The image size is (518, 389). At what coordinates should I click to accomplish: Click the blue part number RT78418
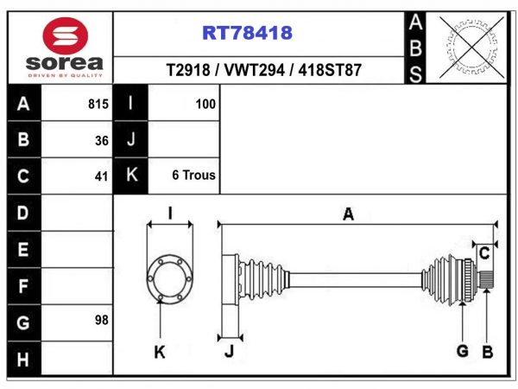[247, 33]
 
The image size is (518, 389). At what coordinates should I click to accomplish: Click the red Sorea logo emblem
[65, 35]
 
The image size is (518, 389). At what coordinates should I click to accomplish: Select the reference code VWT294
[254, 70]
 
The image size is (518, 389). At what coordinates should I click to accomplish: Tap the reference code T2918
[188, 70]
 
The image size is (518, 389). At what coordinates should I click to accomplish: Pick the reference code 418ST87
[330, 70]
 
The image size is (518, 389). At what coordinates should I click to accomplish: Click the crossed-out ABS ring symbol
[471, 48]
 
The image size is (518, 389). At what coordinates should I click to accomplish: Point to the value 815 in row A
[98, 105]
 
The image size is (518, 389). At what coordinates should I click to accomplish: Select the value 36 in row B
[102, 141]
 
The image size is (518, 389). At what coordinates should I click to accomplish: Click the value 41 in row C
[101, 176]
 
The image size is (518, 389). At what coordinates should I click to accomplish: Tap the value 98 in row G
[101, 320]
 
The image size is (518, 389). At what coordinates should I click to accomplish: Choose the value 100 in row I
[205, 105]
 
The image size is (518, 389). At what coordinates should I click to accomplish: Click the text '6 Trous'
[194, 175]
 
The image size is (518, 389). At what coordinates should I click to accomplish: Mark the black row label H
[22, 360]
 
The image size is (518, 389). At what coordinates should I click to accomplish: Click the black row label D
[22, 213]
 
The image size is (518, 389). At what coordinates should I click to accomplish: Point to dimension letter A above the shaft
[349, 214]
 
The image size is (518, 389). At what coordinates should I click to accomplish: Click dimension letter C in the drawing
[484, 253]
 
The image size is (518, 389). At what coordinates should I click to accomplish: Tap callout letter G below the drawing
[463, 351]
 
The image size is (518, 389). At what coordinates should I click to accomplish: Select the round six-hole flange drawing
[170, 278]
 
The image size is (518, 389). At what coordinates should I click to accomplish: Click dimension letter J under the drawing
[230, 351]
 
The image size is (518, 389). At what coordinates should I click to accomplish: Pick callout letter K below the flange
[160, 353]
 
